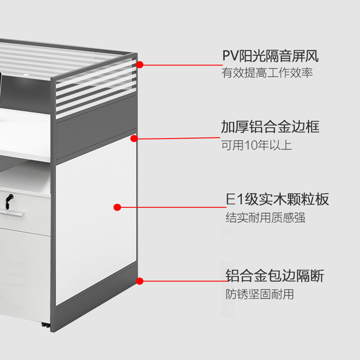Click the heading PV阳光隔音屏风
[x=270, y=56]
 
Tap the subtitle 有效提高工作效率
[x=267, y=73]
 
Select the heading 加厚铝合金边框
[x=270, y=127]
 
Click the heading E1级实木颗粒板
[x=277, y=199]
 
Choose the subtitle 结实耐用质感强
[x=265, y=218]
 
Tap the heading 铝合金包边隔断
[x=274, y=276]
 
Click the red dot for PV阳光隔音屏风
[x=140, y=65]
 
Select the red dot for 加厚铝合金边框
[x=134, y=138]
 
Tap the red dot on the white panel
[x=117, y=207]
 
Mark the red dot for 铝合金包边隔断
[x=140, y=281]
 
